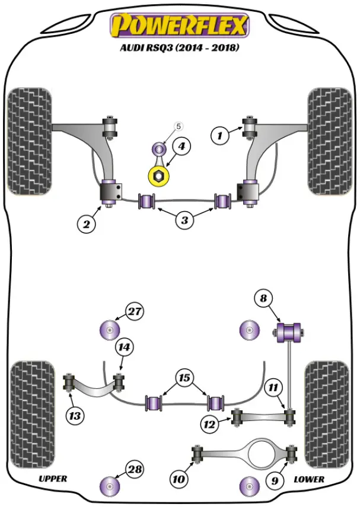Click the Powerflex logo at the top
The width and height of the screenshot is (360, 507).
point(180,25)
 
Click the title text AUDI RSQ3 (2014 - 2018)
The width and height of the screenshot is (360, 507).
point(180,48)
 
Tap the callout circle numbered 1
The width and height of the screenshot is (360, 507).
point(220,136)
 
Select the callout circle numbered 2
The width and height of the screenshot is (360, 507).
point(87,224)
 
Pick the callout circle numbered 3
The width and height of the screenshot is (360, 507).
point(184,220)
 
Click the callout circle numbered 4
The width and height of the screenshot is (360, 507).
point(181,146)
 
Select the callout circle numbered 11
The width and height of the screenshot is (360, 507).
point(273,388)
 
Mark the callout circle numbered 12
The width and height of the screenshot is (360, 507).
point(209,424)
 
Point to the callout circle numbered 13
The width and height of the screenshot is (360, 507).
point(75,416)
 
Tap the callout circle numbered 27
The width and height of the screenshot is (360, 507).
point(135,311)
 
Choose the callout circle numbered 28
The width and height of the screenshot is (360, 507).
point(135,470)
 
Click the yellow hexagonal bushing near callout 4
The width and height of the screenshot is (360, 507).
point(159,176)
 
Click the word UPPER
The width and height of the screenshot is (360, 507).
point(53,479)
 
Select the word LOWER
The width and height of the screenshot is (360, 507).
point(309,479)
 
